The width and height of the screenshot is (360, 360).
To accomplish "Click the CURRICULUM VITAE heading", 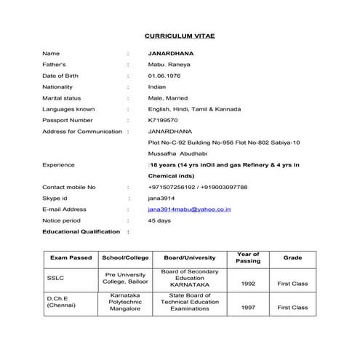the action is point(180,35).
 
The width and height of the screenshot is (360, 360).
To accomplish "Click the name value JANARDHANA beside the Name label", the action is point(169,53).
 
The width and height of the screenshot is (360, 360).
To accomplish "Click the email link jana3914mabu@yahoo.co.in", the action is point(189,209).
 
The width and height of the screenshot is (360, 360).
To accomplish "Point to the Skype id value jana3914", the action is point(159,198).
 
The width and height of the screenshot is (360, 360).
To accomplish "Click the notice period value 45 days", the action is point(159,220).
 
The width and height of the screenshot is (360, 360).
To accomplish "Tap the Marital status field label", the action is point(62,97).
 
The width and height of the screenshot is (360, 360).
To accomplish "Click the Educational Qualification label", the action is point(81,231).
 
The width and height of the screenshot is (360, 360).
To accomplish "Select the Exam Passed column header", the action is point(71,258).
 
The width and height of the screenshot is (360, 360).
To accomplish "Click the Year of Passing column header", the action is point(248,257).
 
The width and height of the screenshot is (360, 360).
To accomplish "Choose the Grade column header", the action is point(292,258).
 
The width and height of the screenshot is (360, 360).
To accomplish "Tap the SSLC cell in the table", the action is point(55,278).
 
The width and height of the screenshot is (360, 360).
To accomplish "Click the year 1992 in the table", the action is point(247,284).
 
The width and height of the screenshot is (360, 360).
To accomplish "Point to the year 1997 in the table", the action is point(247,308).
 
